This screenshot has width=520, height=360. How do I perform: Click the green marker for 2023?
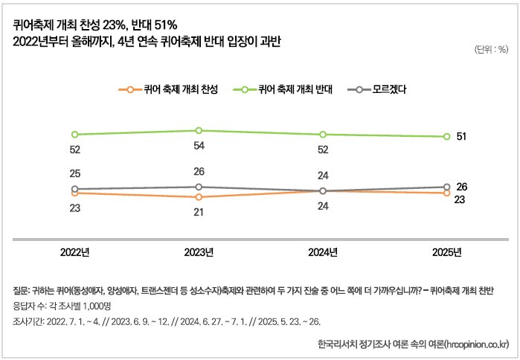point(199,130)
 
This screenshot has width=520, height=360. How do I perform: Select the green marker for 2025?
point(446,136)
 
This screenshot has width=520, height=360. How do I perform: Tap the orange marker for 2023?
point(199,197)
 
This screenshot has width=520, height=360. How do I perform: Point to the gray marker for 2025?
point(446,187)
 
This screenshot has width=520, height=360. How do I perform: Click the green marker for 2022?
point(74,134)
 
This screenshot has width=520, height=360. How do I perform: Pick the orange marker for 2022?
point(74,193)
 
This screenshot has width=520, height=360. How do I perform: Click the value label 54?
point(199,146)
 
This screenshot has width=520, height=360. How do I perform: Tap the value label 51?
point(461,136)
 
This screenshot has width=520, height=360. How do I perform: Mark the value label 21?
point(199,213)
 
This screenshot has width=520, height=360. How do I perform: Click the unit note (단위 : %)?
point(490,49)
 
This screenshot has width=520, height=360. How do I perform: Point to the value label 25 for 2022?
point(74,173)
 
